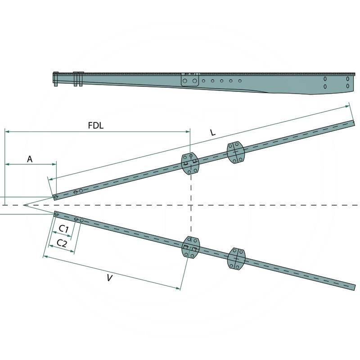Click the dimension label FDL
pos(95,126)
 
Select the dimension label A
pos(30,159)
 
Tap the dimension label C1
pos(64,229)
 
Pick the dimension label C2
pos(62,243)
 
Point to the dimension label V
pos(109,278)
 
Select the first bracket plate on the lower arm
pos(191,247)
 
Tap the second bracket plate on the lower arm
pos(236,259)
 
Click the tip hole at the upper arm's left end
pos(55,197)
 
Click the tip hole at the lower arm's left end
pos(56,214)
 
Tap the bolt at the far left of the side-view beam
pos(55,79)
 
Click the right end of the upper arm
pos(353,123)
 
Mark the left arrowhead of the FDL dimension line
pos(6,132)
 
